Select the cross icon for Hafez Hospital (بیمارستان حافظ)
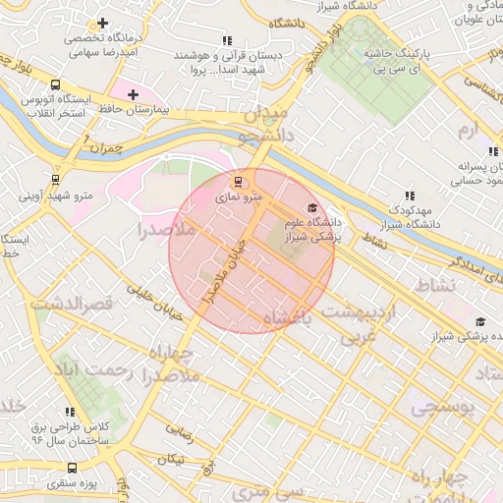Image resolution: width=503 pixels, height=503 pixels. [134, 93]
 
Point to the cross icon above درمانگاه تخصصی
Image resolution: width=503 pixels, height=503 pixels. [103, 23]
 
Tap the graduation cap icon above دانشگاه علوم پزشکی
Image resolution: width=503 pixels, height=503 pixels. [312, 208]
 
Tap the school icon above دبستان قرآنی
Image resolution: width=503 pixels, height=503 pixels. [227, 41]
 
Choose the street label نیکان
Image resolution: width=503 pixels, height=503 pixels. [173, 459]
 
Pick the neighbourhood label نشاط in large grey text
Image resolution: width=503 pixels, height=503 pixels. [437, 285]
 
